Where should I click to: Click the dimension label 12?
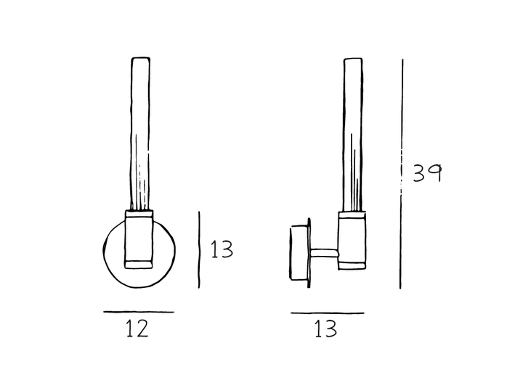point(137,329)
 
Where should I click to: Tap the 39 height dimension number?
point(427,173)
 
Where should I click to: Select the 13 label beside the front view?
point(222,249)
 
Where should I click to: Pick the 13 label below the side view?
point(326,329)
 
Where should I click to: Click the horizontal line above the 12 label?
point(138,312)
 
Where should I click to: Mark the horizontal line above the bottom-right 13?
point(327,313)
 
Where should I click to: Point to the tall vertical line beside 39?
point(401,174)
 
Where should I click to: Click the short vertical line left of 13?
point(199,249)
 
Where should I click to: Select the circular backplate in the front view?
point(113,251)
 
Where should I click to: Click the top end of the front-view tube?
point(141,60)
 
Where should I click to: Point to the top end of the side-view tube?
point(352,60)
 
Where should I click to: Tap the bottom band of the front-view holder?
point(139,262)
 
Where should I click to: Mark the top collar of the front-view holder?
point(139,214)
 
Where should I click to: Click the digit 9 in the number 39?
point(434,173)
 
